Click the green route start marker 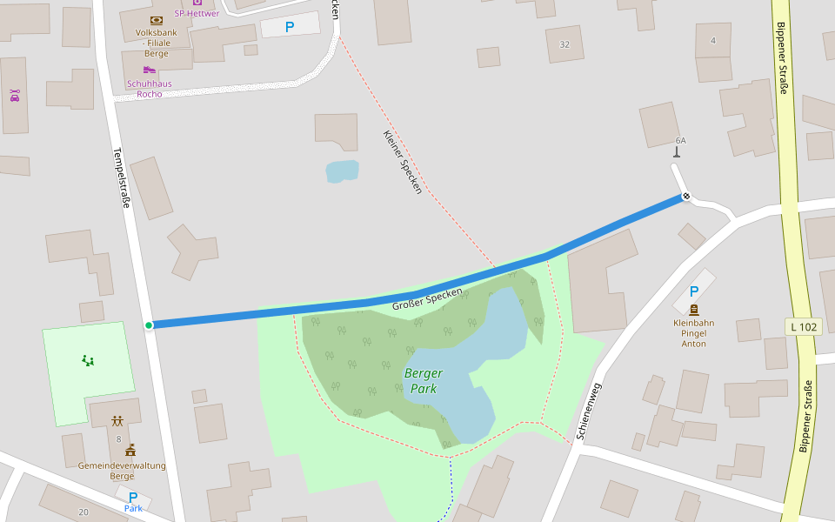tap(149, 325)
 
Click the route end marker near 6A tap(686, 196)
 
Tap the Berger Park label tap(424, 380)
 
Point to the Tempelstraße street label tap(121, 177)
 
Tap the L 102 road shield tap(803, 327)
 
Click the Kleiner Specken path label tap(402, 162)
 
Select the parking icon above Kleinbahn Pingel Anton tap(694, 292)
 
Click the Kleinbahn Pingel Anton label tap(694, 332)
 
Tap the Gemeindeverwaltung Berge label tap(122, 471)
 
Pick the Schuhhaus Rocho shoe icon tap(150, 70)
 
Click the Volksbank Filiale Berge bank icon tap(157, 20)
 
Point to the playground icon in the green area tap(88, 359)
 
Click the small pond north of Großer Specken tap(342, 171)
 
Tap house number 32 tap(564, 44)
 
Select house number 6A tap(680, 140)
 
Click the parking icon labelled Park tap(133, 497)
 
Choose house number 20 tap(83, 512)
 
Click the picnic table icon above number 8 tap(117, 421)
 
